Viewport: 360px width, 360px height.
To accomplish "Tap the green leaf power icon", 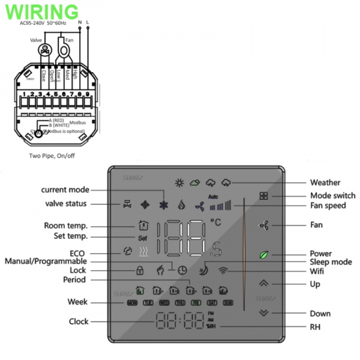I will click(263, 254).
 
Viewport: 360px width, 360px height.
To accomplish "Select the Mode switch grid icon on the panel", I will click(263, 196).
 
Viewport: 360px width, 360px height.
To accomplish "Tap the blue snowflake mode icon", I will click(164, 204).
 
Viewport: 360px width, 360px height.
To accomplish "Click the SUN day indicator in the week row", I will click(228, 303).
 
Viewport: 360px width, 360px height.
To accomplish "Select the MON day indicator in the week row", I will click(132, 303).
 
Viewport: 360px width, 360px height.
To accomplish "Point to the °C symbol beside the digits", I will click(216, 223).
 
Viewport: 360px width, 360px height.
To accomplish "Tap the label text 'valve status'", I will click(65, 204).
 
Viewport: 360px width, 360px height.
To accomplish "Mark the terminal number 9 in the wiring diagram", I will click(86, 95).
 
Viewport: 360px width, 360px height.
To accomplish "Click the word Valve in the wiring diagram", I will click(37, 41).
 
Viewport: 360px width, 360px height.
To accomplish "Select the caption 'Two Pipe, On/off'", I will click(52, 156).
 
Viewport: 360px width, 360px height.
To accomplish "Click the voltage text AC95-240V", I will click(34, 22).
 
